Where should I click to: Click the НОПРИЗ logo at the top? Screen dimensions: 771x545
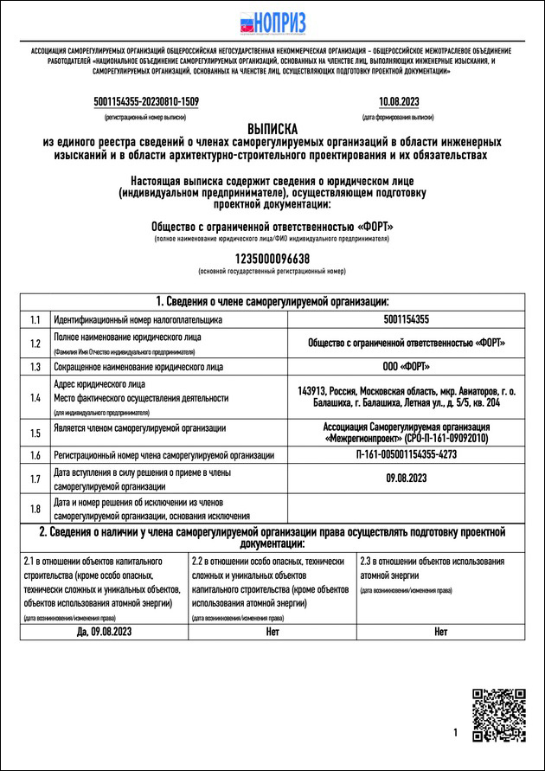[272, 23]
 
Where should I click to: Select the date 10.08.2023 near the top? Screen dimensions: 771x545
[399, 102]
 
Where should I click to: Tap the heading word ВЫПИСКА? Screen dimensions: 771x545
[272, 127]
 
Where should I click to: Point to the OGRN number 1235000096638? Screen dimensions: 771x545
[272, 259]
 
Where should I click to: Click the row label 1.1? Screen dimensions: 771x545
[35, 320]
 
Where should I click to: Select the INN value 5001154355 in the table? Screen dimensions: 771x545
[406, 320]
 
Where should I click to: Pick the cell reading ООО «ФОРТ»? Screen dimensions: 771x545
[406, 367]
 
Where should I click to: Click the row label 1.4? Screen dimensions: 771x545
[35, 398]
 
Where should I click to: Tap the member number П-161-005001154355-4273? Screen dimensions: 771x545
[406, 455]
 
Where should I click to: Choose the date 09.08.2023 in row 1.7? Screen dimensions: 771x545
[406, 479]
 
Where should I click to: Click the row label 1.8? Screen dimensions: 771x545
[35, 509]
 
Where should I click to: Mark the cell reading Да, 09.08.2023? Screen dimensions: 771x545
[105, 633]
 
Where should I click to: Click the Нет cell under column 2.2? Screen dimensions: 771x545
[272, 633]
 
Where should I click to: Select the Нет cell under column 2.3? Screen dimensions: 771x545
[441, 633]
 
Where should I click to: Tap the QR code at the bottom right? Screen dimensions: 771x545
[498, 716]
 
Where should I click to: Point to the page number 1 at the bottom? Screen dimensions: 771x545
[455, 733]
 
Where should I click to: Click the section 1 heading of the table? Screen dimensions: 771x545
[272, 301]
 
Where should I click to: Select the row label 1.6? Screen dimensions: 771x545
[35, 455]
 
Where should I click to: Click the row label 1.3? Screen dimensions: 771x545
[35, 367]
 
